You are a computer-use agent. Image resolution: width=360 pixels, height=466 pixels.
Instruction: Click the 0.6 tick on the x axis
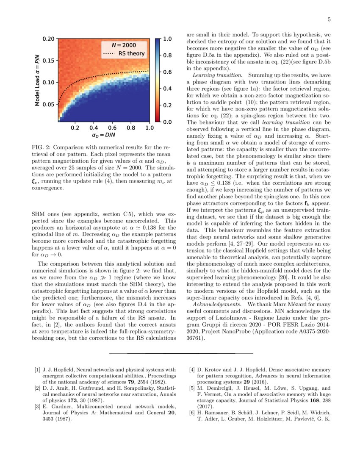112,128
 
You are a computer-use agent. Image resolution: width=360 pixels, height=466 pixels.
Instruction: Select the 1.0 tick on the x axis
150,128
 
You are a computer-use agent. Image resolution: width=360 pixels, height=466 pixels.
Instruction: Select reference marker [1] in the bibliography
37,369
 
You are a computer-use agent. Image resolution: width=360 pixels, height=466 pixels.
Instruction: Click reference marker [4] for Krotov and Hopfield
192,369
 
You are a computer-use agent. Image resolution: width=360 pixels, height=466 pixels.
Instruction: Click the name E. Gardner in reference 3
54,406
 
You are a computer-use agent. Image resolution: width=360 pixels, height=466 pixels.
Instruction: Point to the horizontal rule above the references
181,353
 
